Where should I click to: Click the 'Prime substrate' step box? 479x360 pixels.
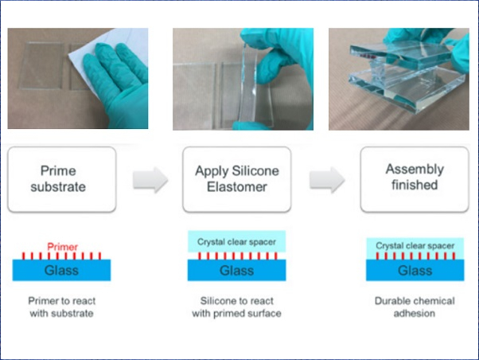click(62, 179)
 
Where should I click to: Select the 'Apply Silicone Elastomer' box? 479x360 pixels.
click(237, 179)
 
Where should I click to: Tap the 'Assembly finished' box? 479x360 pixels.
click(415, 179)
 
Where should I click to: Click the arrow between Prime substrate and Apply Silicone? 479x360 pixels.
click(150, 180)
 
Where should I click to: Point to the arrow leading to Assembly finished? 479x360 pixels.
click(327, 180)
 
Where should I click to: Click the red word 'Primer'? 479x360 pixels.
click(63, 247)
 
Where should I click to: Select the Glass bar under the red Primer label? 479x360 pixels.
click(62, 270)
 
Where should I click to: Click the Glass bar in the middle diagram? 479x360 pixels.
click(237, 270)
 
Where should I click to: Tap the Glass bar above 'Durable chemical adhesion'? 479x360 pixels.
click(415, 270)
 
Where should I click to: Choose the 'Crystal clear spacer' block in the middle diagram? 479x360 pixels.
click(237, 241)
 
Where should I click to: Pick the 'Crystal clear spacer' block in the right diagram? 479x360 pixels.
click(415, 245)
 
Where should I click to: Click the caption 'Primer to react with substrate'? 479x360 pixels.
click(62, 307)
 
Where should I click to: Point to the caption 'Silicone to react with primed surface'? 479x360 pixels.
click(237, 307)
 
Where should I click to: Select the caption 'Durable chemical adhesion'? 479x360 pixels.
click(415, 307)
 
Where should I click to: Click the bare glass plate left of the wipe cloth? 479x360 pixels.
click(42, 66)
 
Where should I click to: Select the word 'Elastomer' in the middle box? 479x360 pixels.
click(237, 187)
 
